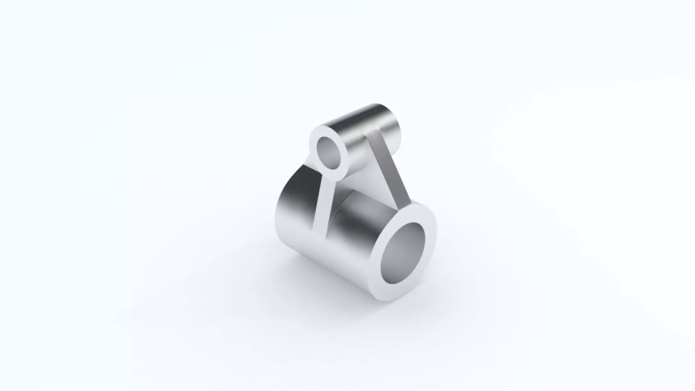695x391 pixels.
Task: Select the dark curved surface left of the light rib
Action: tap(293, 203)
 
